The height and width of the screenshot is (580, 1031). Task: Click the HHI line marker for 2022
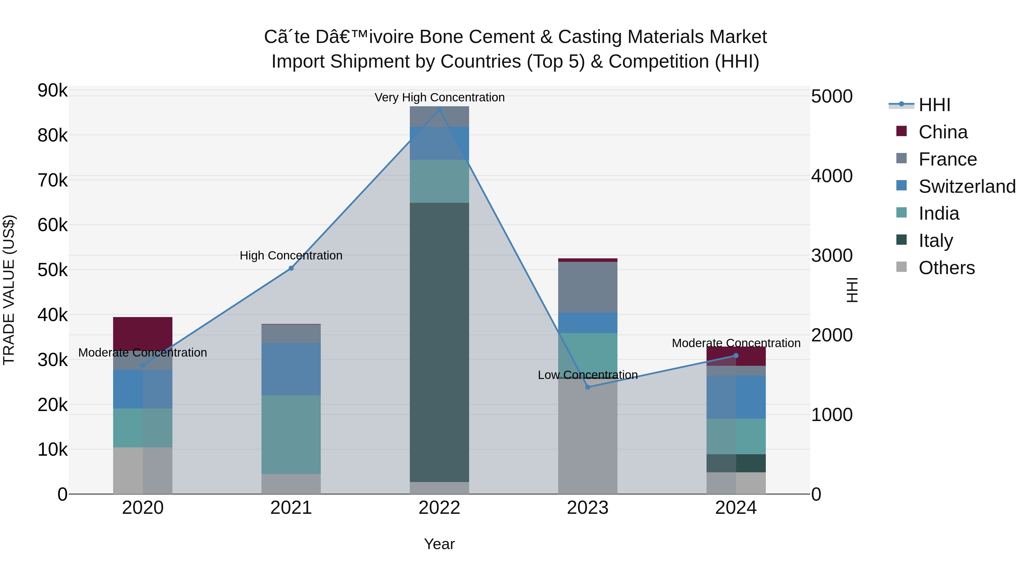(439, 110)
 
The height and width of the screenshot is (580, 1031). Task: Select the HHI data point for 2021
(291, 268)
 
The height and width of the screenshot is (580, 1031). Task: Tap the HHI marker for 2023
(588, 387)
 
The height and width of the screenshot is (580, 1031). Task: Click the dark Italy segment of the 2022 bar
(439, 342)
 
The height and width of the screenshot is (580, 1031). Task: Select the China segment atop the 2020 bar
(143, 333)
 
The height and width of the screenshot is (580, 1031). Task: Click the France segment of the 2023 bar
(588, 287)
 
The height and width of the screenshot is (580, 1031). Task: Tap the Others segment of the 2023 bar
(588, 436)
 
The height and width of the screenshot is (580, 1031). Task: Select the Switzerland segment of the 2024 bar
(736, 397)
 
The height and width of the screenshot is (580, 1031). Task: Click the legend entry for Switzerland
(967, 186)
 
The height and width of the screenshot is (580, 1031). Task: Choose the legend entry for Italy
(935, 241)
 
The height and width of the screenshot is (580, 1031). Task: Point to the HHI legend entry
(934, 105)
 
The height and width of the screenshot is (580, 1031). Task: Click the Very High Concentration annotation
(439, 97)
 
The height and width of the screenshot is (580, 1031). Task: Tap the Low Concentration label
(588, 375)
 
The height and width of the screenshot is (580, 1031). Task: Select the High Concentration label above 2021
(291, 255)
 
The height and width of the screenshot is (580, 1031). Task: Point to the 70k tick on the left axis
(52, 180)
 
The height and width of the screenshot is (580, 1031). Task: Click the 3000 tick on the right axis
(831, 255)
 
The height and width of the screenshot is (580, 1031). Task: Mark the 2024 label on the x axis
(736, 508)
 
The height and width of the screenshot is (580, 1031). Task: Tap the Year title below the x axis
(439, 544)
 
